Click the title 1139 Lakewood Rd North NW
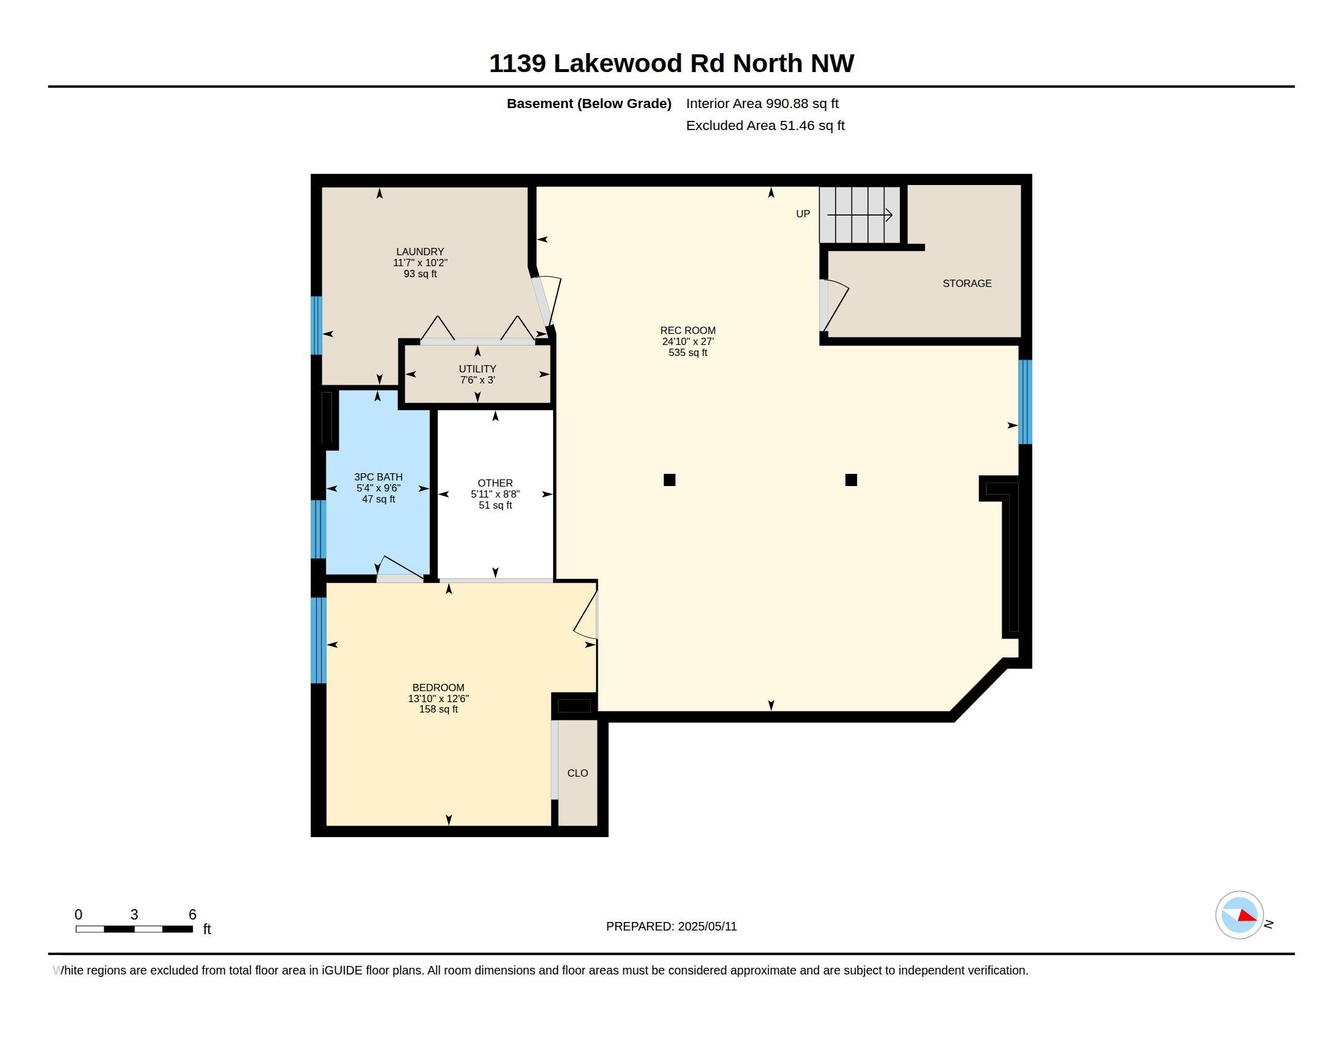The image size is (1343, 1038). pyautogui.click(x=671, y=64)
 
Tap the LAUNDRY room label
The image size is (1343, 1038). pyautogui.click(x=420, y=252)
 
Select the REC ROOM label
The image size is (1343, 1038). pyautogui.click(x=687, y=331)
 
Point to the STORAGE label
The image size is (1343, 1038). pyautogui.click(x=967, y=283)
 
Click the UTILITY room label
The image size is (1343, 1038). pyautogui.click(x=477, y=369)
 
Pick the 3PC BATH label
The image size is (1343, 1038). pyautogui.click(x=378, y=477)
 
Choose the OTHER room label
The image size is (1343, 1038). pyautogui.click(x=495, y=484)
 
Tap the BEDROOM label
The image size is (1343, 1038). pyautogui.click(x=438, y=688)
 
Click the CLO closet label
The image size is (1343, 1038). pyautogui.click(x=577, y=773)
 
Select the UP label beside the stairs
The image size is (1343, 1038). pyautogui.click(x=803, y=214)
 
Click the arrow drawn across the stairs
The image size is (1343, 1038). pyautogui.click(x=860, y=215)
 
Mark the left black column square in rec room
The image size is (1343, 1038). pyautogui.click(x=670, y=480)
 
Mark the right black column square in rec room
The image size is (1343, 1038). pyautogui.click(x=851, y=480)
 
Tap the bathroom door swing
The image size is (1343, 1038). pyautogui.click(x=400, y=567)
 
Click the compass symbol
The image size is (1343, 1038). pyautogui.click(x=1239, y=915)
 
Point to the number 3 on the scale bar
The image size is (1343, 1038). pyautogui.click(x=134, y=915)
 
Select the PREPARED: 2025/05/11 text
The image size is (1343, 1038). pyautogui.click(x=671, y=926)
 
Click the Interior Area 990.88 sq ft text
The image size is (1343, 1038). pyautogui.click(x=762, y=104)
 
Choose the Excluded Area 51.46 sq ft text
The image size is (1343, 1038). pyautogui.click(x=765, y=125)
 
